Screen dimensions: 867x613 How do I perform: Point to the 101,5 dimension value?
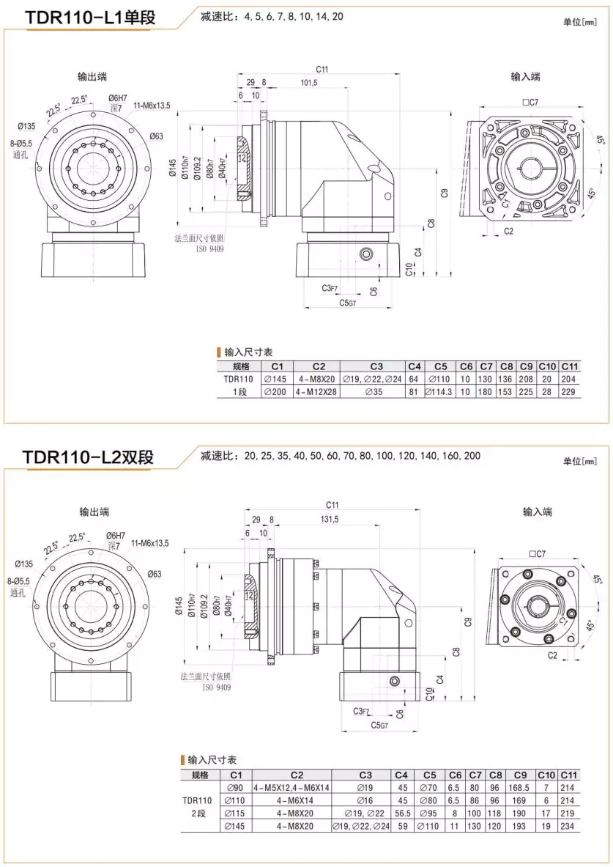click(x=309, y=83)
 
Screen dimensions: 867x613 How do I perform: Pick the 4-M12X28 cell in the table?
click(x=318, y=392)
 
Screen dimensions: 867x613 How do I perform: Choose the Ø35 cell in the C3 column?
click(x=376, y=392)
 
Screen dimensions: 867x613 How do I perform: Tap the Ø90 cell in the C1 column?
click(x=236, y=788)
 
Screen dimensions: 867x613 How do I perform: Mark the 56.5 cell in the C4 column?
click(x=401, y=813)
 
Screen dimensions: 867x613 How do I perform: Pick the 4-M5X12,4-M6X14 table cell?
click(x=291, y=788)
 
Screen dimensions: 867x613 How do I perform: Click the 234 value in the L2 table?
click(x=568, y=826)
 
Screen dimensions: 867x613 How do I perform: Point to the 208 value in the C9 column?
click(x=527, y=379)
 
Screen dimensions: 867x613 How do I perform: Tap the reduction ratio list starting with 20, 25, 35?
click(x=352, y=456)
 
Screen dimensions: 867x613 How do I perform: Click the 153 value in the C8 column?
click(x=506, y=392)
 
